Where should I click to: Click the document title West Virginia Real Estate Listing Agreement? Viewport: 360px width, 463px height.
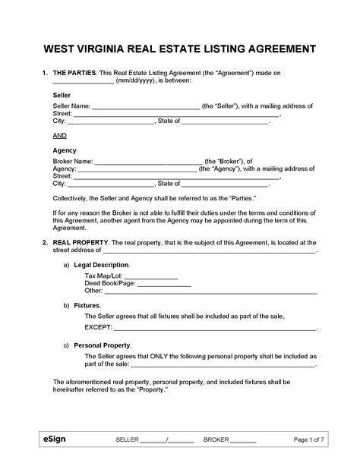[x=180, y=49]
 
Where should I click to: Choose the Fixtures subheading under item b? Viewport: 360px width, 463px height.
[x=87, y=304]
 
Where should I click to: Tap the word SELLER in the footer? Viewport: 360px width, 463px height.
[x=127, y=440]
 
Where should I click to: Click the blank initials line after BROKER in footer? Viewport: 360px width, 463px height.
[x=242, y=440]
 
